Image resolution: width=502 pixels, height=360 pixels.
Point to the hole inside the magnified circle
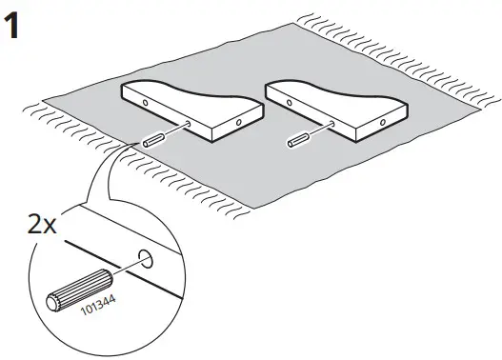click(145, 257)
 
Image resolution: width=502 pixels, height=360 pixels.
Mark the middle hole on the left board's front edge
click(190, 125)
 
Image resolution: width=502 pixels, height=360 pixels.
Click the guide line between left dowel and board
click(174, 132)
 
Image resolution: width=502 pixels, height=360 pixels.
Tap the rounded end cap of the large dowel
click(54, 302)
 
